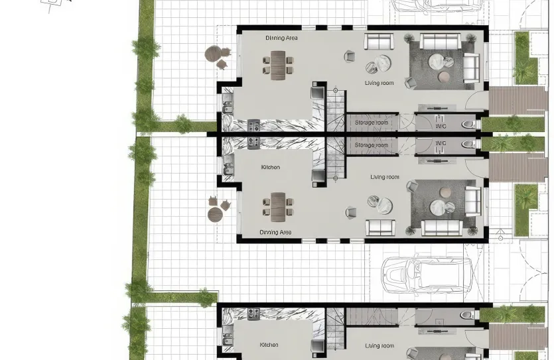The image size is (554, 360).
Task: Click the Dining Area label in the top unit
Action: click(281, 38)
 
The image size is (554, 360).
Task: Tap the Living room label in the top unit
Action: click(379, 83)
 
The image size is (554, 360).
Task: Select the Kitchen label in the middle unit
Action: click(270, 167)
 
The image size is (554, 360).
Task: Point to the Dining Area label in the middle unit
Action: click(275, 233)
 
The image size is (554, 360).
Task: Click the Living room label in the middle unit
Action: click(385, 177)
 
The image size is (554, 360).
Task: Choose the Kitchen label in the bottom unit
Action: click(269, 345)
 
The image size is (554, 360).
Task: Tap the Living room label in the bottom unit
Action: click(379, 345)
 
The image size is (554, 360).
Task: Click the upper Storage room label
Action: click(371, 123)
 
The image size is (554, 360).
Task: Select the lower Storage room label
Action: click(371, 145)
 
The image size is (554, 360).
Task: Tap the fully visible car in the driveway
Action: click(427, 273)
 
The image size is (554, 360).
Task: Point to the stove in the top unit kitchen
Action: click(253, 125)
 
